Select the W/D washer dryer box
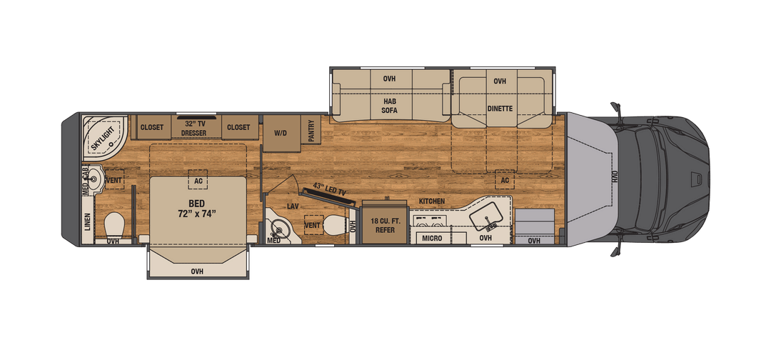pos(280,133)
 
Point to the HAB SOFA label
pos(388,105)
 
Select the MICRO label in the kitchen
pos(430,238)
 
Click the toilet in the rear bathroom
pos(114,226)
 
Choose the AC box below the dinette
pos(505,180)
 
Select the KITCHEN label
pos(432,201)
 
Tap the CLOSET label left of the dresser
pos(152,128)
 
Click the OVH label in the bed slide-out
pos(197,271)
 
